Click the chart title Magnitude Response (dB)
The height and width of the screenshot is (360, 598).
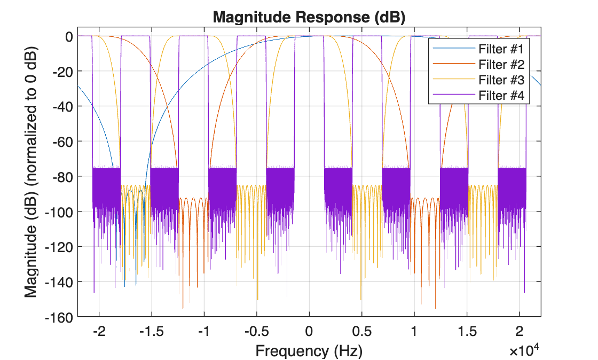tap(309, 17)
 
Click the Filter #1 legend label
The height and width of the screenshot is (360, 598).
tap(501, 50)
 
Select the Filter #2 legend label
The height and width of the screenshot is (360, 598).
tap(501, 65)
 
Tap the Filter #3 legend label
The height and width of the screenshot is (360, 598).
tap(501, 80)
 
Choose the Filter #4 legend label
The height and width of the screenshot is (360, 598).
tap(501, 96)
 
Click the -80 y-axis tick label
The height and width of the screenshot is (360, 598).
tap(60, 176)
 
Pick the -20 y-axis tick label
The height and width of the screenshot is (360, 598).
tap(60, 71)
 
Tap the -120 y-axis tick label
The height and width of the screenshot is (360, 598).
tap(58, 247)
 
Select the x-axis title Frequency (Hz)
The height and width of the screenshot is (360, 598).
tap(309, 351)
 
